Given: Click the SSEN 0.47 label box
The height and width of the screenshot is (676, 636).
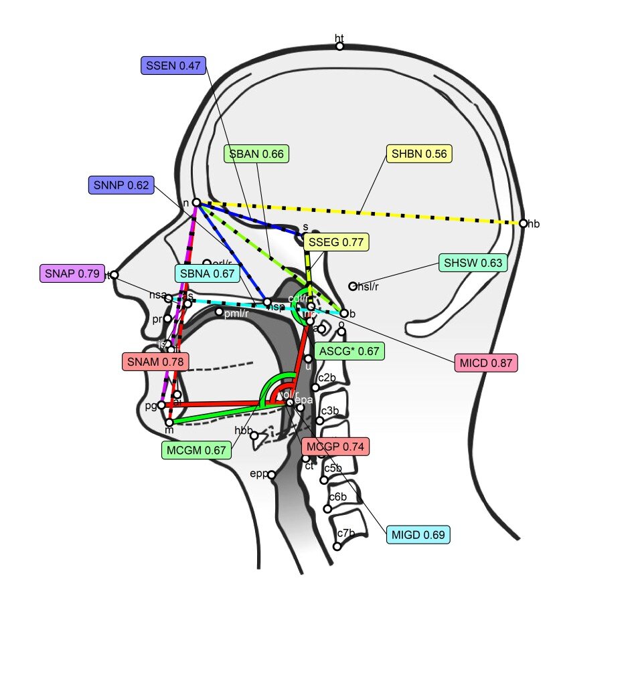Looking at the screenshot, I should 173,66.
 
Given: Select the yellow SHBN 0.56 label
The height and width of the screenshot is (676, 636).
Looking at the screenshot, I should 419,154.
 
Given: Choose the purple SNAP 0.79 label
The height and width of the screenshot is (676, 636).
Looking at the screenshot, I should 71,273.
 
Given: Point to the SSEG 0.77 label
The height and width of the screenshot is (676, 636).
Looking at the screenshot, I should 336,242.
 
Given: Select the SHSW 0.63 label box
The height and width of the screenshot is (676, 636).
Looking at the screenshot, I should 473,263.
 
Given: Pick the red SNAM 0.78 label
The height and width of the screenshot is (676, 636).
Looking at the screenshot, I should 155,362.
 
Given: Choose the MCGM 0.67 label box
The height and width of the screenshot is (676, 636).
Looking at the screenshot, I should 195,450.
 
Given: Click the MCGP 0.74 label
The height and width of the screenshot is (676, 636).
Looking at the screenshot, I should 335,446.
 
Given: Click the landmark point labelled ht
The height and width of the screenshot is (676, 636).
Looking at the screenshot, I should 340,46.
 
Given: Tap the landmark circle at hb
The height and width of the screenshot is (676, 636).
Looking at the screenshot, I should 524,223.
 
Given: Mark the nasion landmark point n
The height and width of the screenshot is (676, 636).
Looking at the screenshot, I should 196,202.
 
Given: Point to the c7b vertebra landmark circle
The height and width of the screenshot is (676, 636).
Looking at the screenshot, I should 337,546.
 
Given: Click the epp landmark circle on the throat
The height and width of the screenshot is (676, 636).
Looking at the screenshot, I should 271,475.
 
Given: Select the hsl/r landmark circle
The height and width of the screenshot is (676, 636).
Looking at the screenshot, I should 353,286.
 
